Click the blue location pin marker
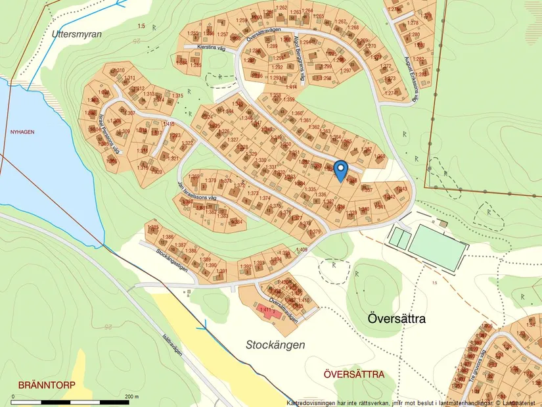click(x=340, y=170)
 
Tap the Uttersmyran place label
click(x=77, y=33)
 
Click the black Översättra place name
click(x=396, y=320)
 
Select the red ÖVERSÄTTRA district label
click(x=354, y=374)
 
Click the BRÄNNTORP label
click(x=47, y=385)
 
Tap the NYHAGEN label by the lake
click(x=22, y=132)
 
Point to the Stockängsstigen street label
click(x=173, y=261)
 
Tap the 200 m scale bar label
click(x=132, y=396)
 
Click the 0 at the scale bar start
click(x=13, y=396)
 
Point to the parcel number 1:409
click(x=302, y=250)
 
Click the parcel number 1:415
click(x=169, y=124)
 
